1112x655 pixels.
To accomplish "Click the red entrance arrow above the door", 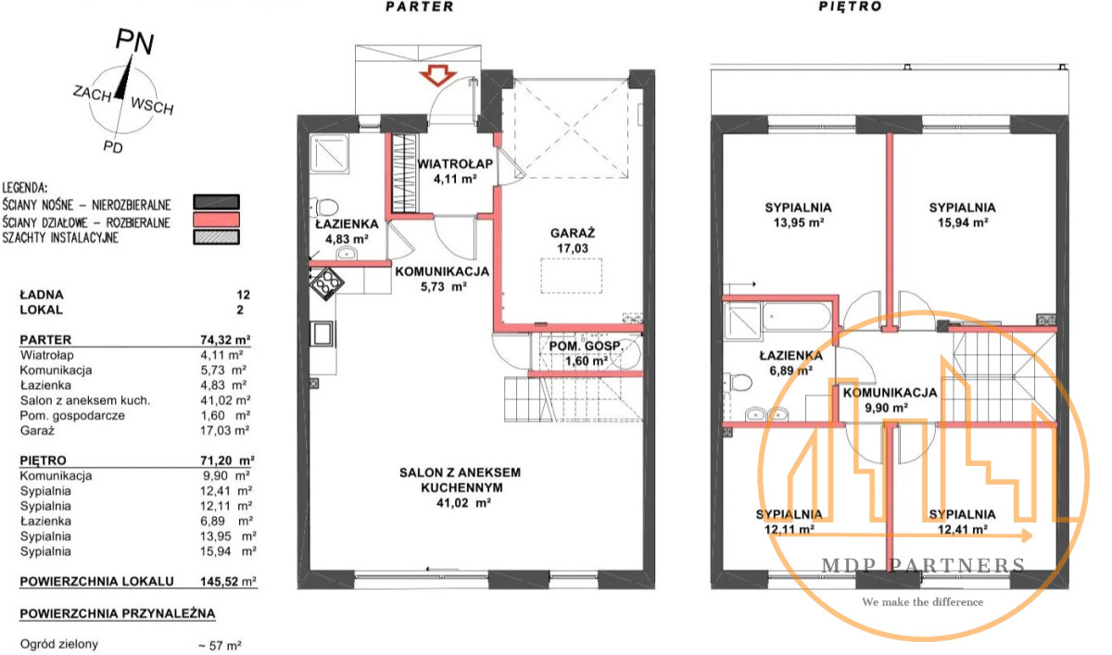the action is (437, 75).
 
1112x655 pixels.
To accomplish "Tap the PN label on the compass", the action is (134, 41).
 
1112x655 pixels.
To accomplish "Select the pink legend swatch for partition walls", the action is (217, 220).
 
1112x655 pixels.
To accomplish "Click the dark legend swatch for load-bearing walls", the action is (217, 202).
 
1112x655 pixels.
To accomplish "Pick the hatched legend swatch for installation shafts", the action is (217, 237).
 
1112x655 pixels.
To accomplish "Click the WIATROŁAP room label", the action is (455, 164).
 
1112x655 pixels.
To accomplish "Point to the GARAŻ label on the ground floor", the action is (573, 233).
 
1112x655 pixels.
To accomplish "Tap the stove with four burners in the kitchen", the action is (326, 283).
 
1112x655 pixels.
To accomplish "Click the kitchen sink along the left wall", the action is (322, 334).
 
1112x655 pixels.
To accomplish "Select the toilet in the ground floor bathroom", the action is (324, 207).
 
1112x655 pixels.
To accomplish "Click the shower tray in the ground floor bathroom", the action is (329, 154).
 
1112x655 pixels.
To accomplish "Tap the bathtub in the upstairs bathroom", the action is (796, 316).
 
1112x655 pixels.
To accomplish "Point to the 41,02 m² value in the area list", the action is (225, 400).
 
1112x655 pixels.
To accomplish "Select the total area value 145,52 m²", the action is (228, 582).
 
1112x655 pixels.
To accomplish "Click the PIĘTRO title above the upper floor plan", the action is (851, 6).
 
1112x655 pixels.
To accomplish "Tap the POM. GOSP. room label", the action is (586, 346).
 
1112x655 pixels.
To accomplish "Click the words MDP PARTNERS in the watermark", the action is (923, 566).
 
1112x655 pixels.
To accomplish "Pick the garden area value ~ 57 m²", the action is (220, 646).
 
